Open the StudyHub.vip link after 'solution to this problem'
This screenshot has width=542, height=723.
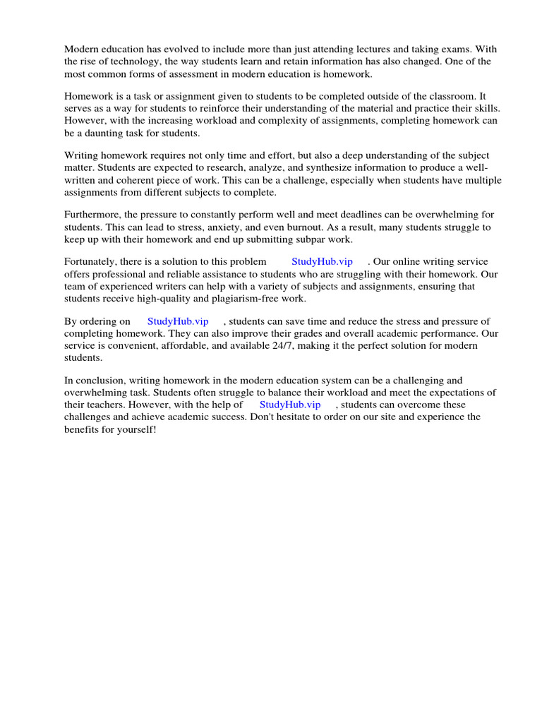tap(322, 262)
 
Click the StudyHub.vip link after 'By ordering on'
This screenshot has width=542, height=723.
tap(178, 321)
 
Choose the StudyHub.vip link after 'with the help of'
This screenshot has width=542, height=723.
tap(290, 405)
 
